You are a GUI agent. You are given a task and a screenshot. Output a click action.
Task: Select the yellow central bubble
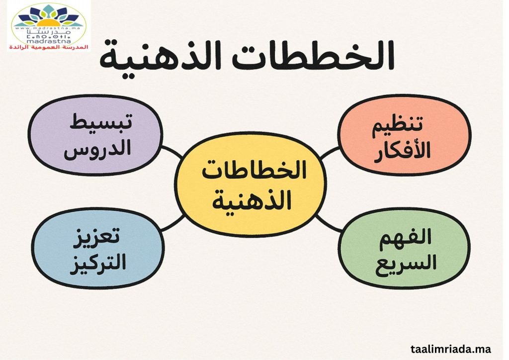251,185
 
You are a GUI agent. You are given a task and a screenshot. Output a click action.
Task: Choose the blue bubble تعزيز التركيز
98,248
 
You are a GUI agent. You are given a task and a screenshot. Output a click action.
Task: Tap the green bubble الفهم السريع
405,248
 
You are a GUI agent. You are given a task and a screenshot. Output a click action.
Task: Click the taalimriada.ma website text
450,349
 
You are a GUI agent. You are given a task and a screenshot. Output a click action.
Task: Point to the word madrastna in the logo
50,41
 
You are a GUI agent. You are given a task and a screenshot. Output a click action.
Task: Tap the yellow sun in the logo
49,23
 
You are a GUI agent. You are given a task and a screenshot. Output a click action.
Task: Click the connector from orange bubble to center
330,153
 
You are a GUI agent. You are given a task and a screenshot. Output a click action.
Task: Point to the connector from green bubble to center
329,223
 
